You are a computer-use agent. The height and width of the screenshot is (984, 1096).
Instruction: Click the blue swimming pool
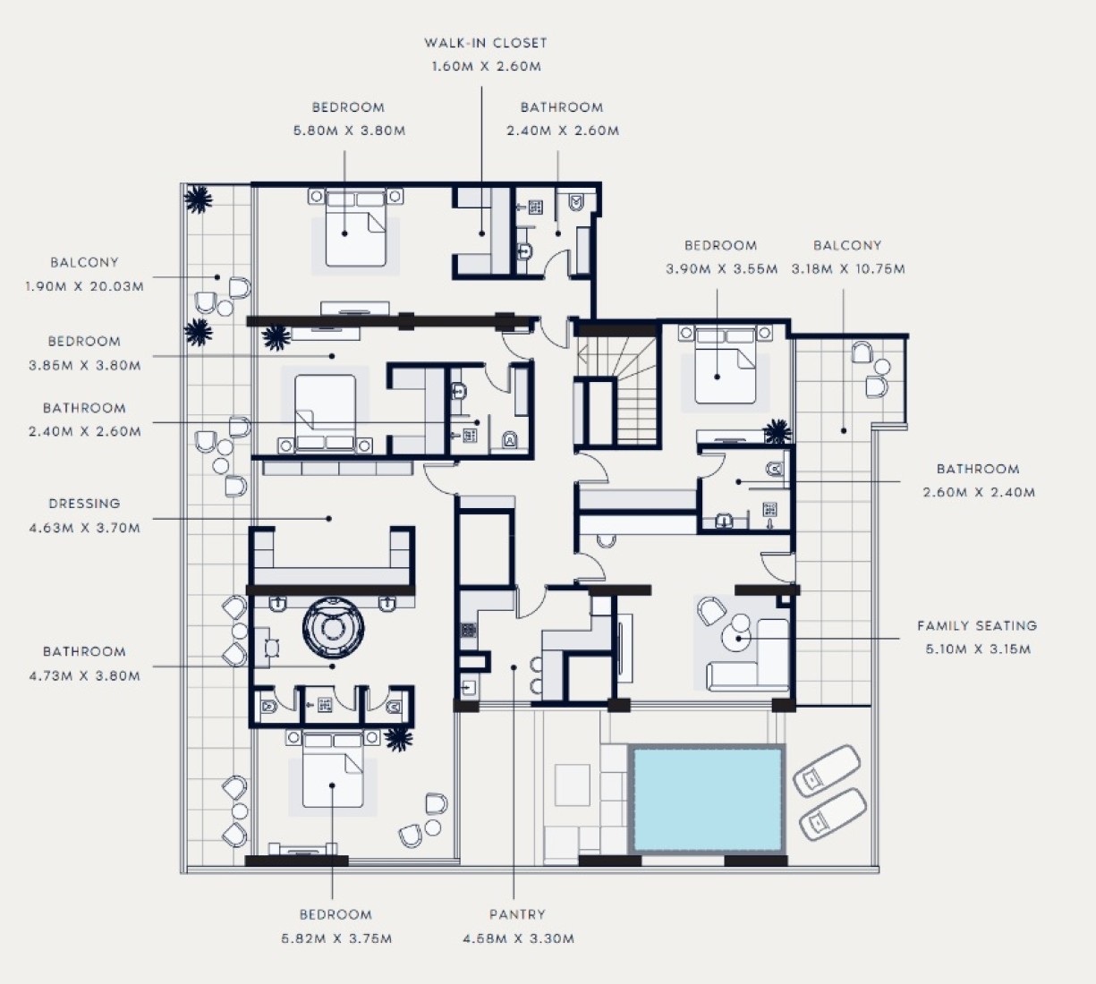coord(707,799)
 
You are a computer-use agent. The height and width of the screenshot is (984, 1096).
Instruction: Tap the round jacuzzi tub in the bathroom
coord(333,628)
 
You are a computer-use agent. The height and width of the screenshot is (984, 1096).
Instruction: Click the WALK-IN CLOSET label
coord(485,43)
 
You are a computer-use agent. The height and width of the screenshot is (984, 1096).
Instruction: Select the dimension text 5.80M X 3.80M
coord(350,131)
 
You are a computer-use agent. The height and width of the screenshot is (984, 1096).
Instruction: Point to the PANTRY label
coord(518,914)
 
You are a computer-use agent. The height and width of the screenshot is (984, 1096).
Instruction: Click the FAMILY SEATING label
coord(977,626)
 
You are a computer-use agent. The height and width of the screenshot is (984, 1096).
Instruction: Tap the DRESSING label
coord(84,504)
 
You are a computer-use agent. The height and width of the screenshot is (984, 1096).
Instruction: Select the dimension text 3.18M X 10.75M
coord(847,269)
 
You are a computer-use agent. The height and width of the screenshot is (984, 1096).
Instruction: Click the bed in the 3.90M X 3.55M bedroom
coord(725,365)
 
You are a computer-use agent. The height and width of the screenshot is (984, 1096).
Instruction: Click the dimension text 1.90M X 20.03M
coord(85,286)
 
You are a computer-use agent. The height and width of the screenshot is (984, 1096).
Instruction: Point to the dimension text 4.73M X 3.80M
coord(85,675)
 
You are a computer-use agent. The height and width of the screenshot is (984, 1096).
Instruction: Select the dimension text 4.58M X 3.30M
coord(518,938)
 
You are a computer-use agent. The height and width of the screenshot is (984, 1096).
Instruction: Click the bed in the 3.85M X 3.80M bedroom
coord(325,412)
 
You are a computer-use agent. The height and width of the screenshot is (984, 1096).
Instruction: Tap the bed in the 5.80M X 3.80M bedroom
coord(356,228)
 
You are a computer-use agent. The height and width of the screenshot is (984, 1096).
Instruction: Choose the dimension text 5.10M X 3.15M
coord(978,649)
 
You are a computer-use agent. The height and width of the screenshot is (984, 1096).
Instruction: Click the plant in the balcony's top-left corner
coord(198,199)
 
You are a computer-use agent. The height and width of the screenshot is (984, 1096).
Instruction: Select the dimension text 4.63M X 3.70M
coord(85,528)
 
